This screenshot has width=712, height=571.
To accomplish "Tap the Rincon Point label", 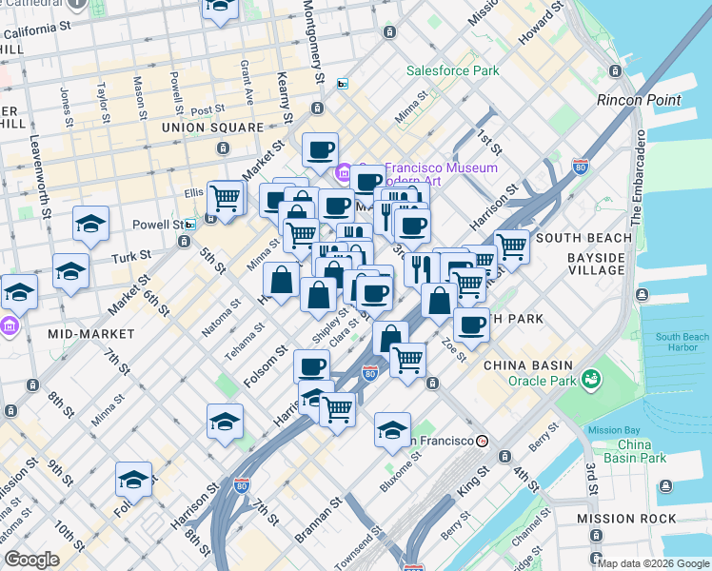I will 638,100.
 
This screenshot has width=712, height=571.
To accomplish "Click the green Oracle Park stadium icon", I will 593,379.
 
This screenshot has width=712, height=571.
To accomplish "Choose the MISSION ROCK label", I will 626,519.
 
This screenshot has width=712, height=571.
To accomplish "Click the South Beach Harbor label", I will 682,343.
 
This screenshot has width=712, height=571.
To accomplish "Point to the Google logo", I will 31,560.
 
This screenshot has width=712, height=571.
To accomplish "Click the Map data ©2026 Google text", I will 653,563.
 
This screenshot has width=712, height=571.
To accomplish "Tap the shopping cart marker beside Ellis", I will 225,198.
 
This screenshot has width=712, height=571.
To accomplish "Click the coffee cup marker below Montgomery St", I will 320,148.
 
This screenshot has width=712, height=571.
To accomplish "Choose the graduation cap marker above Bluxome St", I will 392,430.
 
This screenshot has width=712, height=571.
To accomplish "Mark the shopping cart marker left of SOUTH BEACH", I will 511,246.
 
